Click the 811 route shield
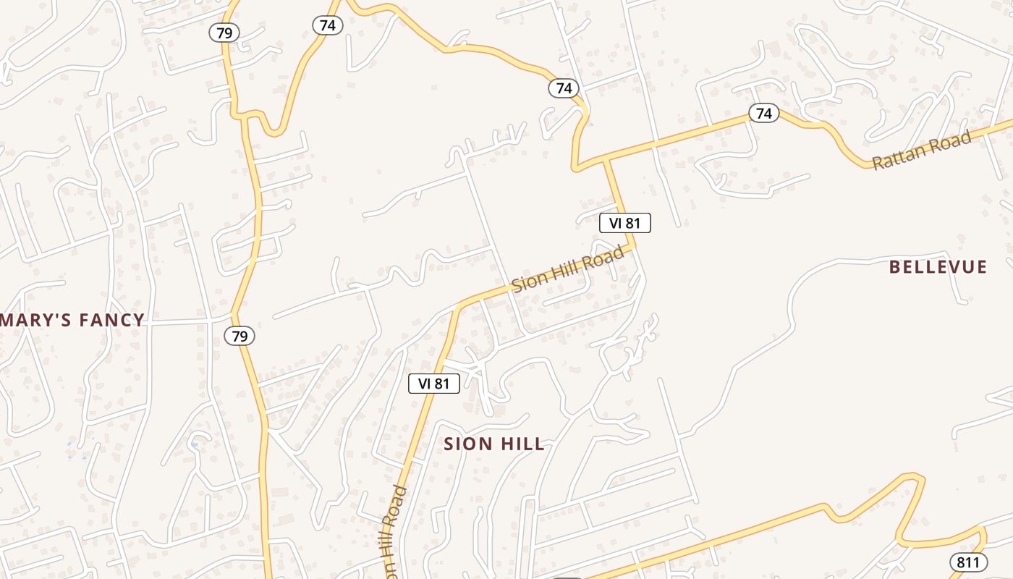click(x=968, y=562)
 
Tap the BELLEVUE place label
click(x=938, y=267)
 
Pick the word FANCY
click(x=111, y=320)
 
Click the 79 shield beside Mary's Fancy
click(x=240, y=336)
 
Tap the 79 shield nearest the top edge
click(x=224, y=32)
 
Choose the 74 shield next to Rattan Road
click(x=763, y=113)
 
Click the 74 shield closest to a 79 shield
click(x=328, y=25)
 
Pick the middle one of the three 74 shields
click(x=564, y=88)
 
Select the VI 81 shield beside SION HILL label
click(x=434, y=384)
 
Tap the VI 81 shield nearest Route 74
click(x=625, y=223)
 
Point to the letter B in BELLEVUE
click(x=894, y=267)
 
